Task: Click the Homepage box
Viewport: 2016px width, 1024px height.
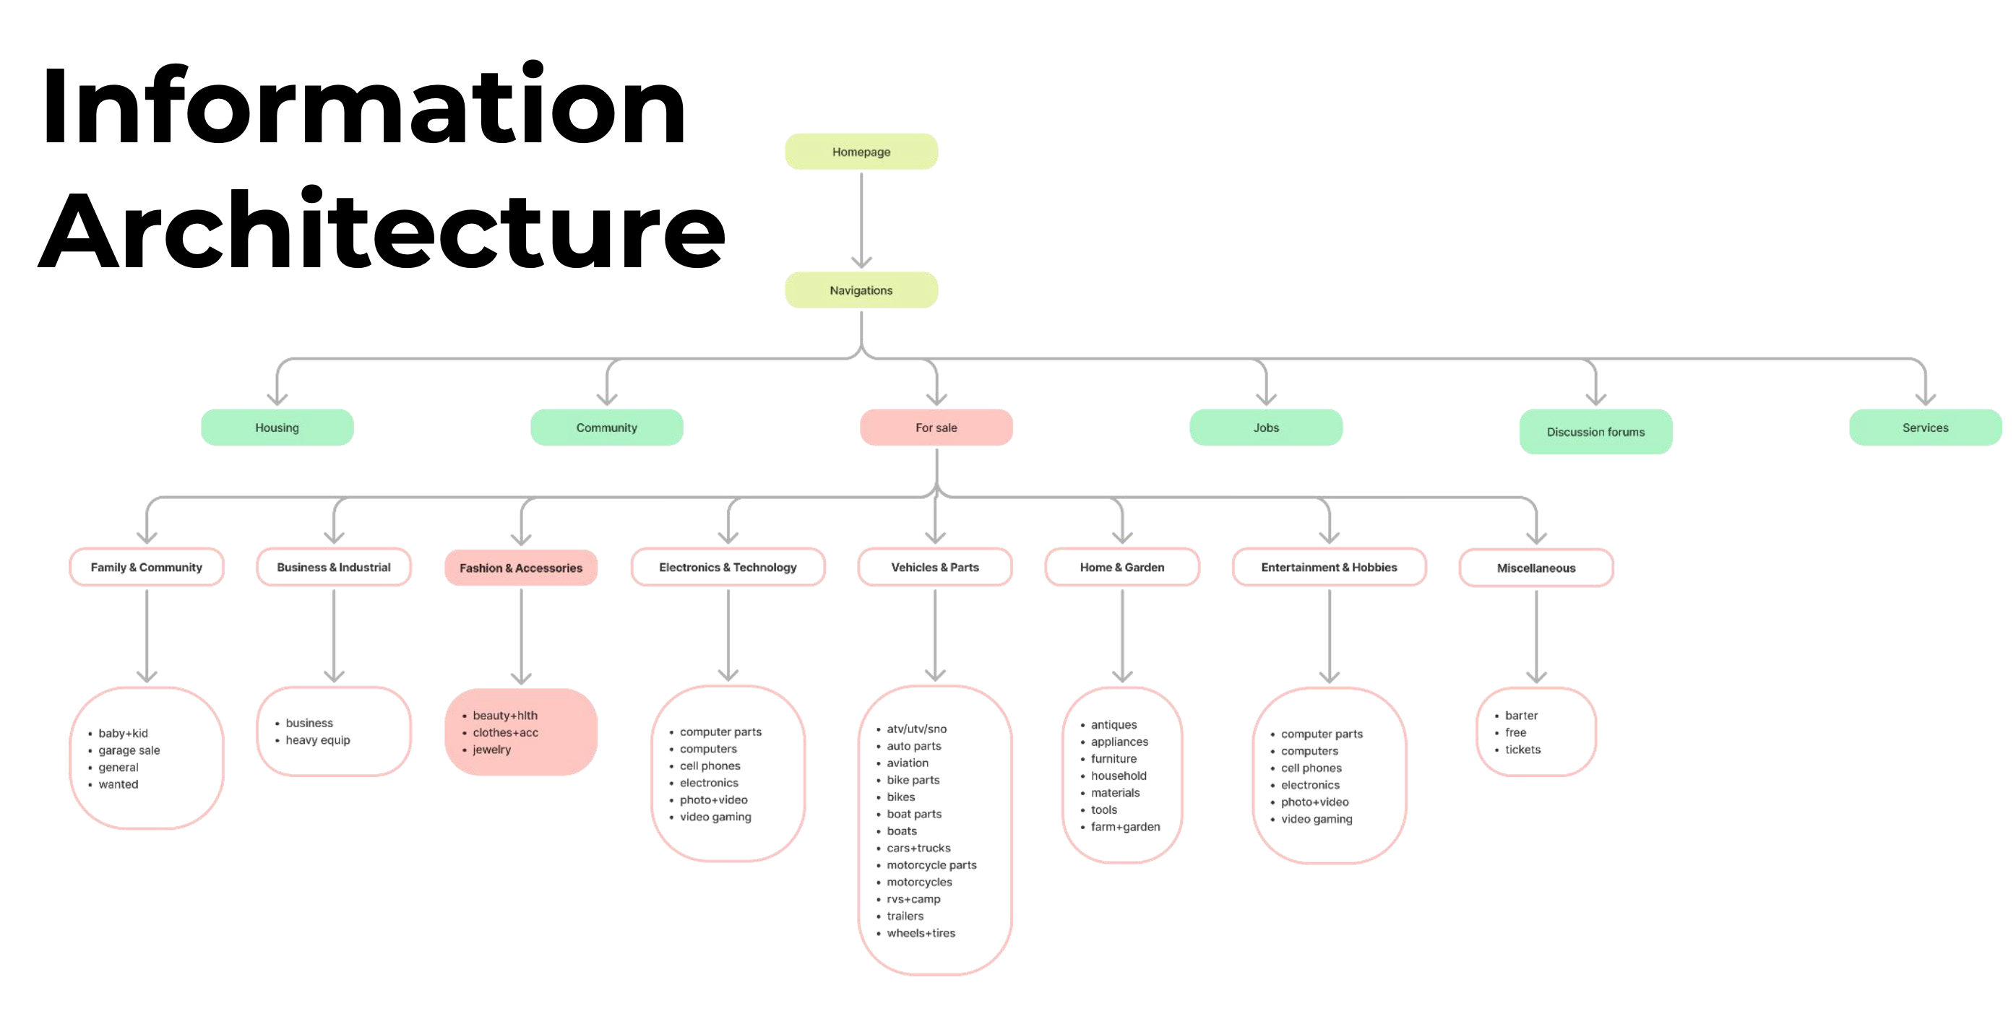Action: click(x=861, y=152)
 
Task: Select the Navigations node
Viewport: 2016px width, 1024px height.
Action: click(x=861, y=290)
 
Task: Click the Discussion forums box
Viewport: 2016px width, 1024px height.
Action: click(x=1595, y=432)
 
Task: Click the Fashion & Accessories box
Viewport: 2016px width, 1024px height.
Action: click(x=520, y=568)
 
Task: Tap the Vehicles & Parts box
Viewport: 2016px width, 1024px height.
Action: click(x=934, y=567)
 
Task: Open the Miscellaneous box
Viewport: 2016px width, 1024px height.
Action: click(x=1535, y=568)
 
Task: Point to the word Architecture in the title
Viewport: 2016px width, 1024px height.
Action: click(x=382, y=231)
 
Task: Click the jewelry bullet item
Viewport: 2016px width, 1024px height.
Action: click(x=491, y=750)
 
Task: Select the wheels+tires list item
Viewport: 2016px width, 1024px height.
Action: click(x=921, y=933)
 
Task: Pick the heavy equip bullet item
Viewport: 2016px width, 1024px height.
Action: click(x=318, y=740)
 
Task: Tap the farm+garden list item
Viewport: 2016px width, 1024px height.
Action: click(x=1124, y=827)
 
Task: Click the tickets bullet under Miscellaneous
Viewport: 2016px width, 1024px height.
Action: click(x=1522, y=750)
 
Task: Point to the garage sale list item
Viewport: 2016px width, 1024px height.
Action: click(x=129, y=750)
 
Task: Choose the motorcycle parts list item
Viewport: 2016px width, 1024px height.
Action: click(x=931, y=865)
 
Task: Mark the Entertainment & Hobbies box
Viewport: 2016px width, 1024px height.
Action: click(x=1328, y=567)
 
